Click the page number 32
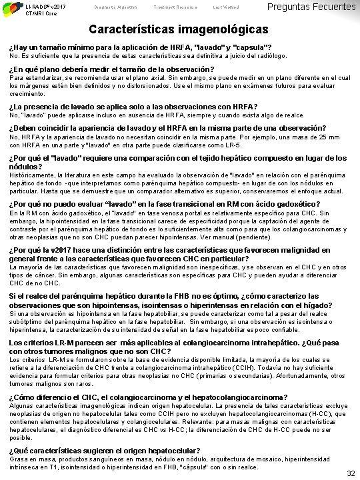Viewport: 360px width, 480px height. tap(351, 473)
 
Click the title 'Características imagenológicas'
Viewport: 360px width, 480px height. tap(179, 31)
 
